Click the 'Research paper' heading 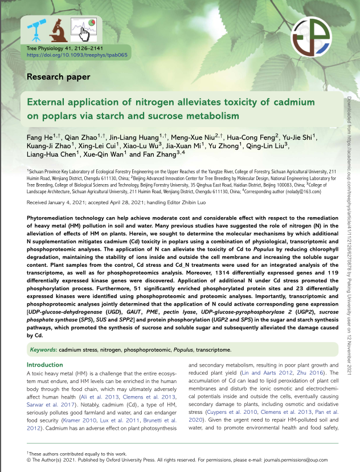(x=58, y=76)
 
